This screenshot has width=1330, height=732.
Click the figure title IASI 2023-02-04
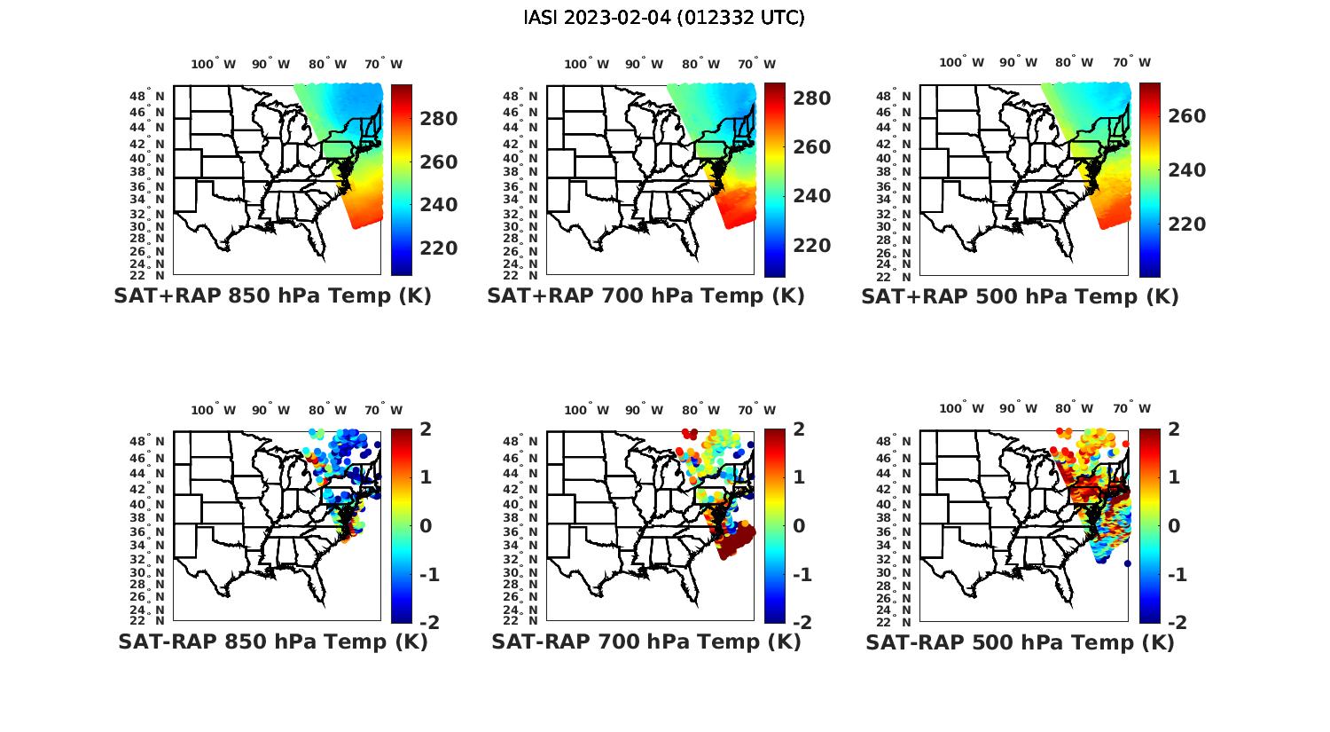(x=664, y=18)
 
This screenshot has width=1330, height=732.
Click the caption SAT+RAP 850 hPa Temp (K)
(x=272, y=296)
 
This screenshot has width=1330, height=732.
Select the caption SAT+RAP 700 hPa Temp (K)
(x=645, y=296)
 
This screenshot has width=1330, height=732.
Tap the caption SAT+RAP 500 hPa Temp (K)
(x=1020, y=296)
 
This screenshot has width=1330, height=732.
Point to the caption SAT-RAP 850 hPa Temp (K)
(x=273, y=641)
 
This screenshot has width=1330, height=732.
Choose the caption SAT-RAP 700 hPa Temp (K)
(x=646, y=641)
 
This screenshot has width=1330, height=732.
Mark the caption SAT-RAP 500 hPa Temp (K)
(x=1020, y=642)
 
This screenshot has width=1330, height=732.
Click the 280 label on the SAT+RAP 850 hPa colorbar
(x=438, y=119)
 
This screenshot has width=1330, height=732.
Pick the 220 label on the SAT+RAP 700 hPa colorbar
(x=811, y=246)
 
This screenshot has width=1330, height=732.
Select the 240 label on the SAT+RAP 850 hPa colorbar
(x=438, y=205)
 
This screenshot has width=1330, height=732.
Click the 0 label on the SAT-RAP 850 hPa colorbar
(x=425, y=525)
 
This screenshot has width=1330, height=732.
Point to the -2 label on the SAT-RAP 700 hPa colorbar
(x=801, y=622)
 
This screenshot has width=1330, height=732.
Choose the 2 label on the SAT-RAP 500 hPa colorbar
(x=1175, y=429)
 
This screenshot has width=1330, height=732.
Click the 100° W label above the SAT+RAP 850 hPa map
(x=213, y=64)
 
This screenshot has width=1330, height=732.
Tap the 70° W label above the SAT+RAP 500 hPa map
(x=1130, y=62)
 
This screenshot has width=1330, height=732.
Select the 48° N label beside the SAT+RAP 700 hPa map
(x=530, y=97)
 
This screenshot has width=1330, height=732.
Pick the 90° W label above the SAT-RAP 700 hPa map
(x=644, y=410)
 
